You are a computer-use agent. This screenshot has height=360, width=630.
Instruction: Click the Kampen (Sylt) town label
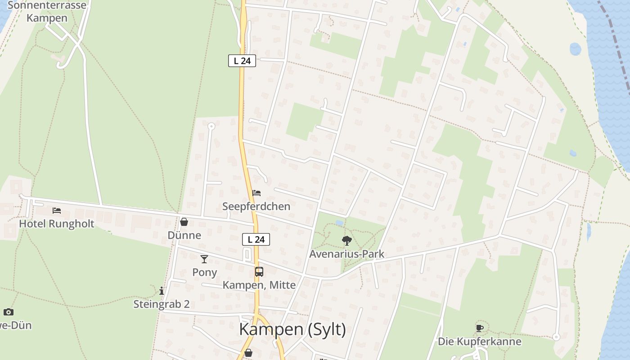click(x=292, y=329)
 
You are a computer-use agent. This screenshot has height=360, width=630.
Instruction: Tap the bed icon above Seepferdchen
click(x=256, y=193)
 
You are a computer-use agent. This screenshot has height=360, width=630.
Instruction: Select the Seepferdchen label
click(x=256, y=206)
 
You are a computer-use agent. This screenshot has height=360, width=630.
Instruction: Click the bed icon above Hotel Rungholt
click(x=56, y=210)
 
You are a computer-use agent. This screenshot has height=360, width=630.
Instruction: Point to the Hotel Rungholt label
click(x=57, y=224)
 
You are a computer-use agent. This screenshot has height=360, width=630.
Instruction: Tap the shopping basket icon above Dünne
click(x=184, y=222)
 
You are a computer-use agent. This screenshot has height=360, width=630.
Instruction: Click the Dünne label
click(x=184, y=235)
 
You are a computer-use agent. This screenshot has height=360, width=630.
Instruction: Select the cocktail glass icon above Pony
click(x=204, y=259)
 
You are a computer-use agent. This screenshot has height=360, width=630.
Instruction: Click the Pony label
click(x=205, y=272)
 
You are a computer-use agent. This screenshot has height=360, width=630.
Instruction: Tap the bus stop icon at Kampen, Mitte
click(x=259, y=271)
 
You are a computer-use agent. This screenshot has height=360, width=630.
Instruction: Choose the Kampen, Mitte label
click(x=259, y=285)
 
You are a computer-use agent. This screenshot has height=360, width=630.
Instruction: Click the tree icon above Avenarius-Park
click(x=346, y=241)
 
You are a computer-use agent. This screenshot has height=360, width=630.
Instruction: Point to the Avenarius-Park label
click(x=346, y=254)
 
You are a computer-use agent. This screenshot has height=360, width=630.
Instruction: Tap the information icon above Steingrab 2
click(x=162, y=291)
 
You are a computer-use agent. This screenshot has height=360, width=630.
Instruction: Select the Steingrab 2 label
click(x=162, y=304)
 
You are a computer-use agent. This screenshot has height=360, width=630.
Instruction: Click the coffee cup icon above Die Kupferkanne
click(x=480, y=328)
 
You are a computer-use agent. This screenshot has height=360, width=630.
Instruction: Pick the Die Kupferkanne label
click(x=480, y=342)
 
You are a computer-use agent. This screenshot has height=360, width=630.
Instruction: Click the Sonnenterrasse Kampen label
click(x=47, y=12)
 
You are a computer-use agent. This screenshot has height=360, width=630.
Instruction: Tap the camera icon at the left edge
click(x=8, y=312)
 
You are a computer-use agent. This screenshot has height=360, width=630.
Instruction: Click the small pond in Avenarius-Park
click(x=339, y=223)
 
